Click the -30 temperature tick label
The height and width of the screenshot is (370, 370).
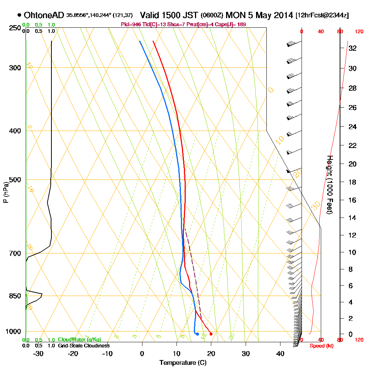point(38,353)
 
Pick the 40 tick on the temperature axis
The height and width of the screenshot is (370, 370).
point(280,353)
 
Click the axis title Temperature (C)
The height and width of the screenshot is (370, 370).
point(183,363)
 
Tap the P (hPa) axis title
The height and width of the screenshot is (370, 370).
point(6,192)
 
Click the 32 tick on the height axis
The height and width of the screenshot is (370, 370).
point(352,48)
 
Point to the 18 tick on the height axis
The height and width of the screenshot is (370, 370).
point(352,182)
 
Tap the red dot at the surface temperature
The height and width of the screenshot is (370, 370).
point(211,334)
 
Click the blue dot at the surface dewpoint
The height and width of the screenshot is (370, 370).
point(197,334)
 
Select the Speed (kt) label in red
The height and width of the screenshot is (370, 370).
point(320,346)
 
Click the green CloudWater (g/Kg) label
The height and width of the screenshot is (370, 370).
point(80,340)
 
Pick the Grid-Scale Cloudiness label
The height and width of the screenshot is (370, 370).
point(83,346)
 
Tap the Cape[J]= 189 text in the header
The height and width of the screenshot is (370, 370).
point(232,24)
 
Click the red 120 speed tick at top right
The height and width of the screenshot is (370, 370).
point(359,31)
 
